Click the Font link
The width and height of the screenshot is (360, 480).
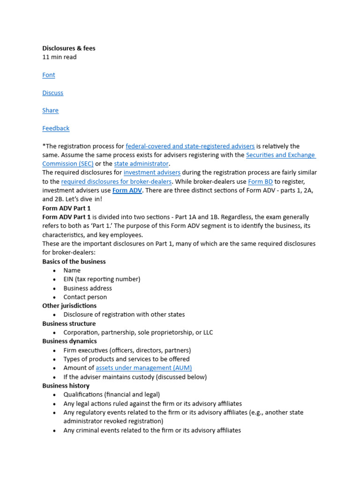(x=49, y=75)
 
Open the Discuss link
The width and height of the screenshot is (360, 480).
(x=52, y=93)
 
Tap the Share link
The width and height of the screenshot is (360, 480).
(x=50, y=111)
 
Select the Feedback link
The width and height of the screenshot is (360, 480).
(x=56, y=128)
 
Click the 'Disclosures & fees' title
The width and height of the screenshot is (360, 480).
(x=68, y=48)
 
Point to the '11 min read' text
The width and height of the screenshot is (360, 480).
(x=60, y=57)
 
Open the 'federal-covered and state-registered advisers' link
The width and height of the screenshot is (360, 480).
(x=190, y=146)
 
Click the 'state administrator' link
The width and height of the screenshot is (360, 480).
(x=141, y=164)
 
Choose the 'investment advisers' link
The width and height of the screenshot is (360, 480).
(x=152, y=173)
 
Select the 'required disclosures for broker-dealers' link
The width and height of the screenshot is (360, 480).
(x=116, y=182)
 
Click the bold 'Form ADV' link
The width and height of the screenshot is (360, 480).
(x=127, y=191)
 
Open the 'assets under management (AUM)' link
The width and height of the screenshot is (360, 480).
(x=143, y=368)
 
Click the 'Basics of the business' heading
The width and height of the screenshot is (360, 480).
(x=74, y=262)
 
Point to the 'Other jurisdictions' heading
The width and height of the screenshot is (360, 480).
(x=69, y=306)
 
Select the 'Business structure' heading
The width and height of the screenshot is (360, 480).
(x=69, y=323)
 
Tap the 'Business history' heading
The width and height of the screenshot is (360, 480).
(x=67, y=386)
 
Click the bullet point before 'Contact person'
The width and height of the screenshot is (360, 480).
(x=54, y=297)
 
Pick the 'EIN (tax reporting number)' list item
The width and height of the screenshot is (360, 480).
(x=102, y=279)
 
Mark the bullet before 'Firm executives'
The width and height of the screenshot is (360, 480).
(x=54, y=351)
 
